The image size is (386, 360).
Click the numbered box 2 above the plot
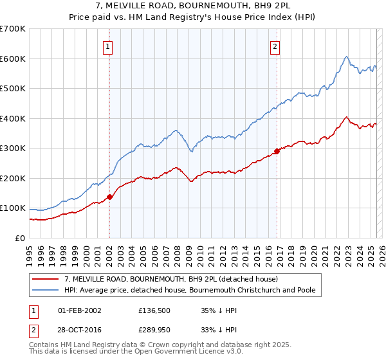[x=275, y=46]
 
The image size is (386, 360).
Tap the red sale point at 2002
[x=109, y=197]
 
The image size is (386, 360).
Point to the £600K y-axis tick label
[x=13, y=59]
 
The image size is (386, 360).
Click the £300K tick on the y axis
[x=13, y=148]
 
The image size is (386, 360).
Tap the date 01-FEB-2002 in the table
[x=79, y=310]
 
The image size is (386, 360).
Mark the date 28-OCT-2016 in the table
[x=79, y=330]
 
